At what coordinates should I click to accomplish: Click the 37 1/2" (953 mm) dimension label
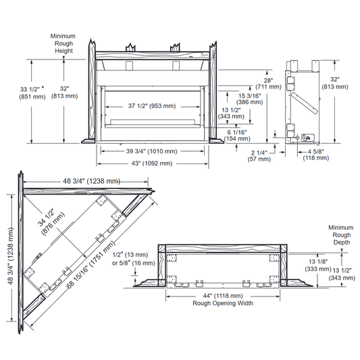(152, 106)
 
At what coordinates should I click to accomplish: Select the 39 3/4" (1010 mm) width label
(151, 151)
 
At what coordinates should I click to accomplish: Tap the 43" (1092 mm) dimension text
(151, 163)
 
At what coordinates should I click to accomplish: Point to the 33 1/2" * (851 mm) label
(32, 93)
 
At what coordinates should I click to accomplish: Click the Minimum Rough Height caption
(63, 43)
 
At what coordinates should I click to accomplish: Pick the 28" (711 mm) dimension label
(268, 84)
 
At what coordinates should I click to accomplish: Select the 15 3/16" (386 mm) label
(249, 99)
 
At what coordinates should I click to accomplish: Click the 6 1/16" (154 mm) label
(237, 136)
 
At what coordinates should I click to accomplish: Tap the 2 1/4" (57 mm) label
(259, 156)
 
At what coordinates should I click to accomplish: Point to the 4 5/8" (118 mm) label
(316, 155)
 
